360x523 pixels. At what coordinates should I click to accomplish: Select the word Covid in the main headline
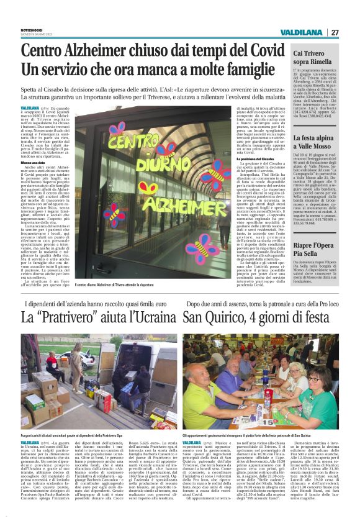[x=260, y=51]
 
